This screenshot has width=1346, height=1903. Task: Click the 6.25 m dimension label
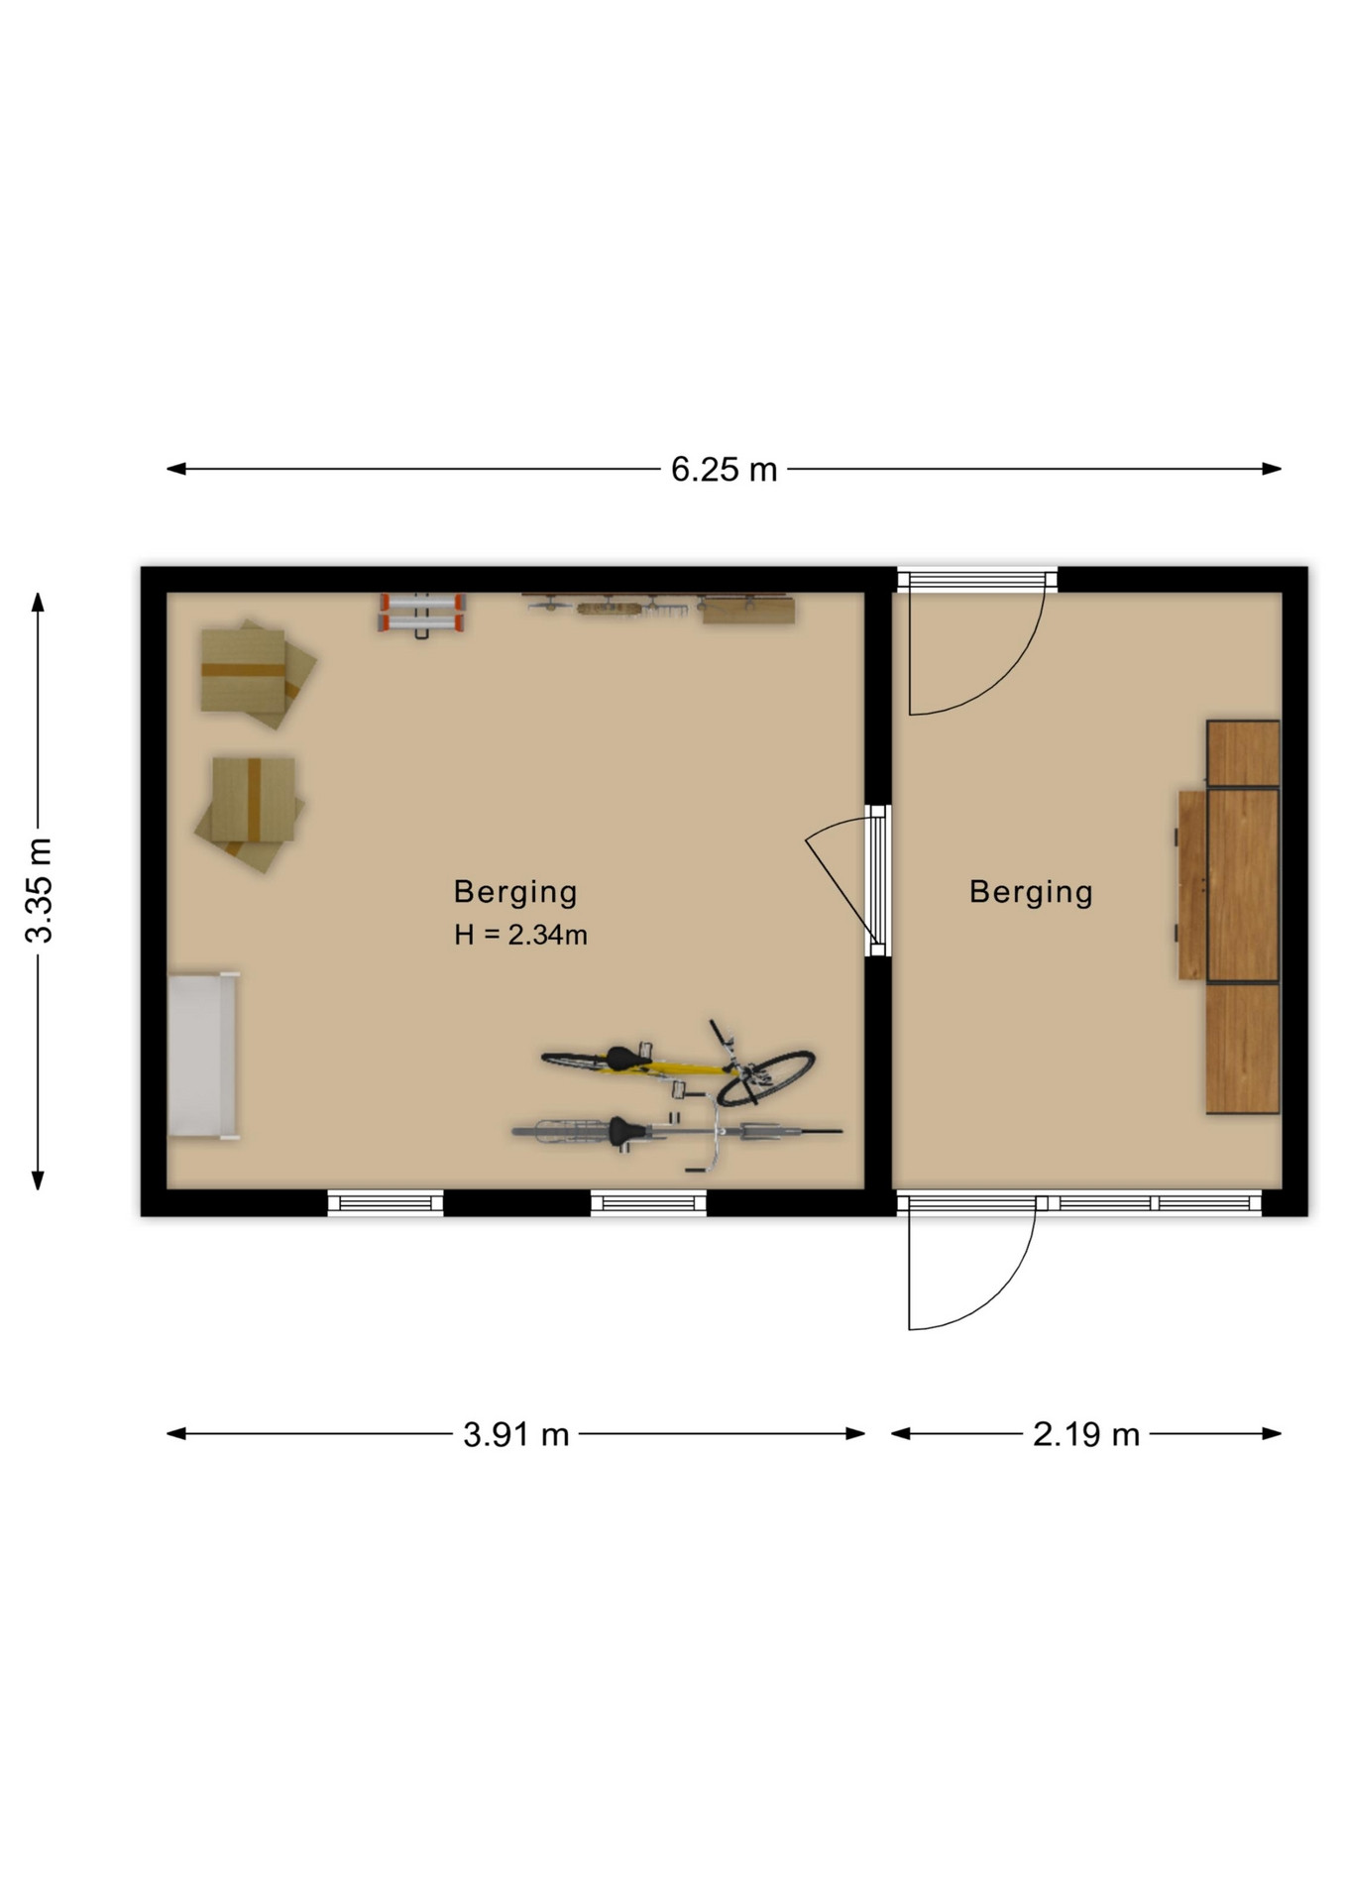pos(724,469)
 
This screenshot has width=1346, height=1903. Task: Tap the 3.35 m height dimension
pos(40,890)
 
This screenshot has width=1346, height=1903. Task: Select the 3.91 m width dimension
pos(515,1434)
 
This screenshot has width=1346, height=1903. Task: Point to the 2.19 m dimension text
pos(1086,1434)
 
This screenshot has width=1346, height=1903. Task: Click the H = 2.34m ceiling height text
pos(520,935)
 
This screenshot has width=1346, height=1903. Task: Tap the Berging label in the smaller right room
pos(1031,892)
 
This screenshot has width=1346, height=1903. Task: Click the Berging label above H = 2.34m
pos(515,892)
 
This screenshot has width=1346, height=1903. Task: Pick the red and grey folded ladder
pos(422,613)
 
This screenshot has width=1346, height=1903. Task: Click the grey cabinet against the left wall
pos(203,1055)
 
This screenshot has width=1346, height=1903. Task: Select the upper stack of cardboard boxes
pos(256,674)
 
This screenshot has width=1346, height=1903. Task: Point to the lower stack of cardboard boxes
pos(250,813)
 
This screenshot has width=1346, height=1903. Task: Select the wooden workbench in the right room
pos(1229,917)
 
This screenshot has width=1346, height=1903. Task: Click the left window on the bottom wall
pos(386,1203)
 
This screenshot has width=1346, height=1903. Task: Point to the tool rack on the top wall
pos(659,607)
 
